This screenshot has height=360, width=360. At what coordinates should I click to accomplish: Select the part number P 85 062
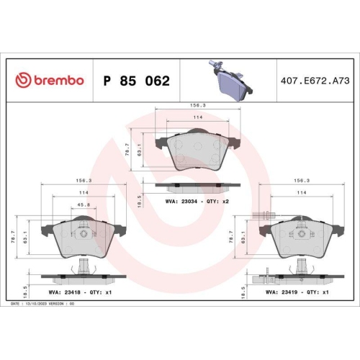coord(137,81)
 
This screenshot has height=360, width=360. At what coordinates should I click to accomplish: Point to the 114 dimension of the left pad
coord(84,193)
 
